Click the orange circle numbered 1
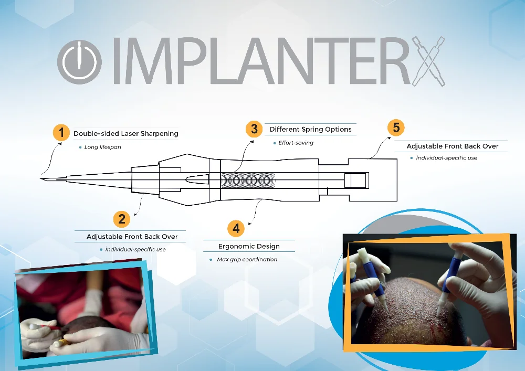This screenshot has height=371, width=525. click(x=61, y=132)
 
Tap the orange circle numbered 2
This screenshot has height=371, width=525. click(x=121, y=218)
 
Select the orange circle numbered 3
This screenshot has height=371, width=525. click(x=254, y=129)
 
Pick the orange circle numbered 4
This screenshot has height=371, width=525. click(x=236, y=228)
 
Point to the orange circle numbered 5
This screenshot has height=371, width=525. click(x=396, y=128)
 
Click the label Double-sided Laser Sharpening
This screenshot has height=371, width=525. click(x=126, y=134)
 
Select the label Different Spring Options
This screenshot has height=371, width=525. click(x=310, y=129)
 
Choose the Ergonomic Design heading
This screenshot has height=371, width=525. click(x=249, y=246)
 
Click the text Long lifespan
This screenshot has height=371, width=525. click(x=102, y=147)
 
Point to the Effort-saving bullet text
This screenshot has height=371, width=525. click(x=296, y=143)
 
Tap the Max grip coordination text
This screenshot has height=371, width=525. click(x=247, y=260)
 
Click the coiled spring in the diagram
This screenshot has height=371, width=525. click(x=247, y=180)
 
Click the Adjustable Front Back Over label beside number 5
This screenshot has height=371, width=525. click(x=453, y=146)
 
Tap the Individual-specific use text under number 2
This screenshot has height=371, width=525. click(x=135, y=249)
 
